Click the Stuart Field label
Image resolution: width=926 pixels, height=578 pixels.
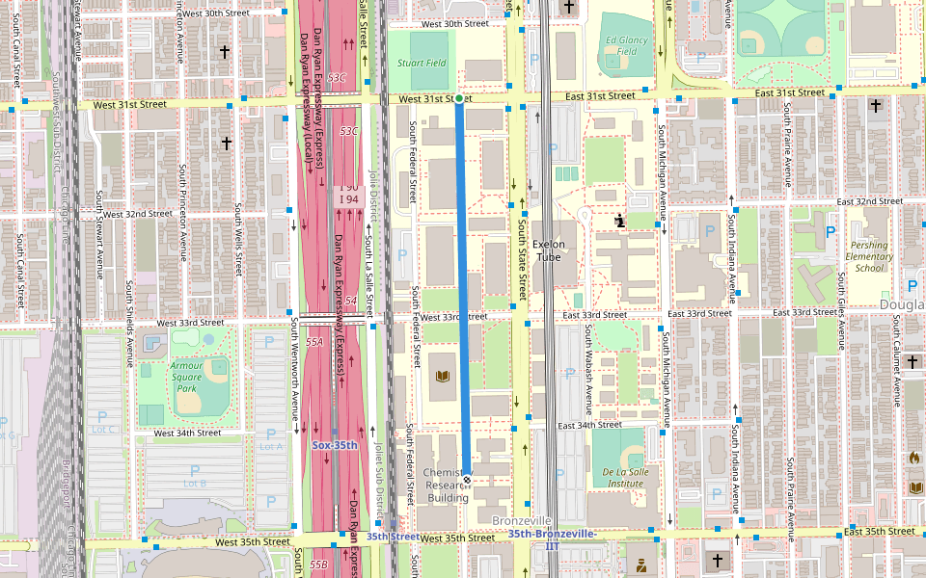pos(422,63)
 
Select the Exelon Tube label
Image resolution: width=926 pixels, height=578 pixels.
pos(547,250)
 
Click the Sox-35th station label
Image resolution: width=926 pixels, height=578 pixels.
pos(335,446)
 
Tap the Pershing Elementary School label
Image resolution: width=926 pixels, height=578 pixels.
pos(869,256)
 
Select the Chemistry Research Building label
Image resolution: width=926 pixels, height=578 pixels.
pos(448,486)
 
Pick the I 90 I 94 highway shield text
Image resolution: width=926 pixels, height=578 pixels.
pos(348,194)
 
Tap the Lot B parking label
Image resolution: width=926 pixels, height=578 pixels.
pos(195,483)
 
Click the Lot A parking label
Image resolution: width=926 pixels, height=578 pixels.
pos(272,446)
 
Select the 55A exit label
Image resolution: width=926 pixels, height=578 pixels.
pos(314,342)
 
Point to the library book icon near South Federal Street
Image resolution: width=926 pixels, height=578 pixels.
pos(444,376)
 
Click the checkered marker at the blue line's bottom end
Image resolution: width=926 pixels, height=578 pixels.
pos(468,479)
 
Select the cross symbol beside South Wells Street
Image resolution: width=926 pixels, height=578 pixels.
pos(226,143)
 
